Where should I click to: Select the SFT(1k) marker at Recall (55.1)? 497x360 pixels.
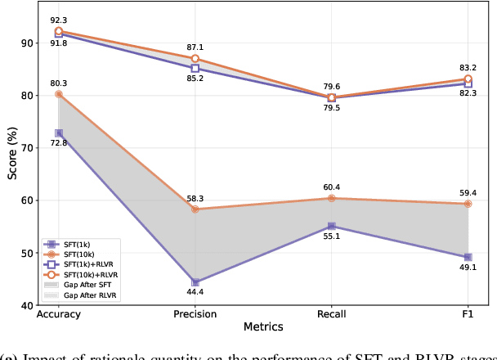coord(331,226)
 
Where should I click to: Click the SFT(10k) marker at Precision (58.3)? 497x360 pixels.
coord(195,209)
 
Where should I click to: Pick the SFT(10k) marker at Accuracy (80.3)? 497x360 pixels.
coord(59,94)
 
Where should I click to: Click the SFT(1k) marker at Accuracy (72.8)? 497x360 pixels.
coord(59,133)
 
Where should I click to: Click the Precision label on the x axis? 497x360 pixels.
coord(195,314)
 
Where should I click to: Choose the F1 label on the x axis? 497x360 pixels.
coord(468,314)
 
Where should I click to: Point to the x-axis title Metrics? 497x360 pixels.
coord(262,327)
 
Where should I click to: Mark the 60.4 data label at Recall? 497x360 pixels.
coord(331,187)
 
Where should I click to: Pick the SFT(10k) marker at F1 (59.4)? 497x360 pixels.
coord(468,204)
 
